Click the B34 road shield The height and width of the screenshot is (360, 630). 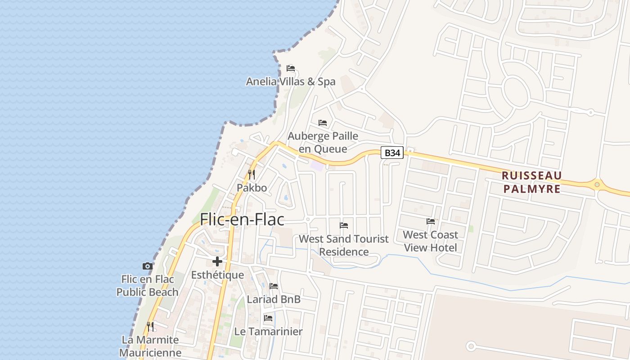[392, 153]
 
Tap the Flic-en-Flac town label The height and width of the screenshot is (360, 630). [242, 219]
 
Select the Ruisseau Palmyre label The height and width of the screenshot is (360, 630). [532, 182]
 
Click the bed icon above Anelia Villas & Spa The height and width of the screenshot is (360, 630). [291, 68]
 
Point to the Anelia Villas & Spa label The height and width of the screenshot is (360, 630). [291, 81]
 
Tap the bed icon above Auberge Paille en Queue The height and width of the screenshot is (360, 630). [323, 122]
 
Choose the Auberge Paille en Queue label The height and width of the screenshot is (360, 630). [323, 142]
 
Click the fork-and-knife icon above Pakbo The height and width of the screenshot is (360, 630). [252, 175]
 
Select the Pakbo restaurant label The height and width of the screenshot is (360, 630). [252, 188]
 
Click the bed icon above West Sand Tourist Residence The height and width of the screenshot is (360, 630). [344, 225]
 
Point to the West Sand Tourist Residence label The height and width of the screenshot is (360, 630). [344, 245]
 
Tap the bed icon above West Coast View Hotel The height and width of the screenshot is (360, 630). [431, 221]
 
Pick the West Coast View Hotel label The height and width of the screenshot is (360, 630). [431, 241]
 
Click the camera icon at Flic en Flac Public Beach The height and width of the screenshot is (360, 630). [148, 266]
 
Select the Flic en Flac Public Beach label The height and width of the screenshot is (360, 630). [148, 286]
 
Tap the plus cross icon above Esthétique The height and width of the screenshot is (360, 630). [217, 261]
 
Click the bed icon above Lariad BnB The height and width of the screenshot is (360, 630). [274, 286]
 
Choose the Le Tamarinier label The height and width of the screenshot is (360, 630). [268, 332]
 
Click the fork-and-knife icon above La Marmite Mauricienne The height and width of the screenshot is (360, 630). [150, 326]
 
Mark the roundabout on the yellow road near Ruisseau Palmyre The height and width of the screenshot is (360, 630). [597, 184]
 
